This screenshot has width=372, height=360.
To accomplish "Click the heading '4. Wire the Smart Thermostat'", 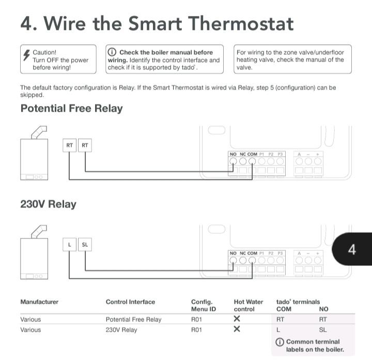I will pyautogui.click(x=157, y=23).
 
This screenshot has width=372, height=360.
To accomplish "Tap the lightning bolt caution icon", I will pyautogui.click(x=26, y=54).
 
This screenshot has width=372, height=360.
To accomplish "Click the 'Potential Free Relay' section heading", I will pyautogui.click(x=71, y=109).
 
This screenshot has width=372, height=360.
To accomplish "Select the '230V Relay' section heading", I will pyautogui.click(x=48, y=204).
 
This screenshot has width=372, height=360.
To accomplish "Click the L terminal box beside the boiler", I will pyautogui.click(x=69, y=245).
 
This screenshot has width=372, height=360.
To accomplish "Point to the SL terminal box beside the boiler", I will pyautogui.click(x=85, y=245).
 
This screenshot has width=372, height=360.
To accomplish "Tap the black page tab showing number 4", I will pyautogui.click(x=352, y=250).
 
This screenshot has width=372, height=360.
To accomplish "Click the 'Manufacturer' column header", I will pyautogui.click(x=39, y=302).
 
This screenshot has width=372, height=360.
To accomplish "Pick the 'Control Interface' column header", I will pyautogui.click(x=130, y=302).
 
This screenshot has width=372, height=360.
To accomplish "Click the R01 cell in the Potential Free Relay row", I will pyautogui.click(x=196, y=320).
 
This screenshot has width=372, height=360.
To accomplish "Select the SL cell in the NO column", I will pyautogui.click(x=323, y=330).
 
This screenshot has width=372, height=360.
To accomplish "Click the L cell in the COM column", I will pyautogui.click(x=278, y=330).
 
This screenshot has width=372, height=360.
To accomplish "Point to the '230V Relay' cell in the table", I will pyautogui.click(x=121, y=330).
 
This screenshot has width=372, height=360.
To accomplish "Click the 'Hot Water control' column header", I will pyautogui.click(x=248, y=305).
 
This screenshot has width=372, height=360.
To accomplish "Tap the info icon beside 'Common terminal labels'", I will pyautogui.click(x=280, y=342).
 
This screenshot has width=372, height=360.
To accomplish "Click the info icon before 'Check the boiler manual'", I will pyautogui.click(x=112, y=52).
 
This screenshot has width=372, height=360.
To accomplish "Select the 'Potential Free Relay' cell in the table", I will pyautogui.click(x=133, y=320).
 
